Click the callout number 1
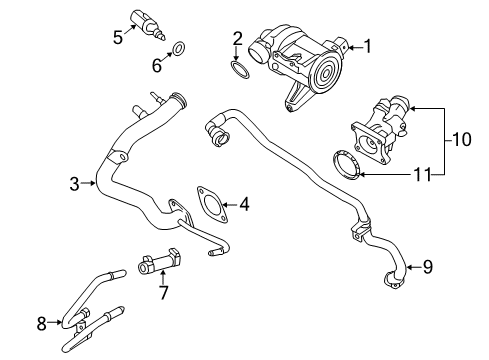(367, 45)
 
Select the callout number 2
(237, 39)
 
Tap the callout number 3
(75, 183)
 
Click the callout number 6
(155, 66)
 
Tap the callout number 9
(427, 266)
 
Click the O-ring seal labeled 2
(237, 69)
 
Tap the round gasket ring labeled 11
(345, 163)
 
